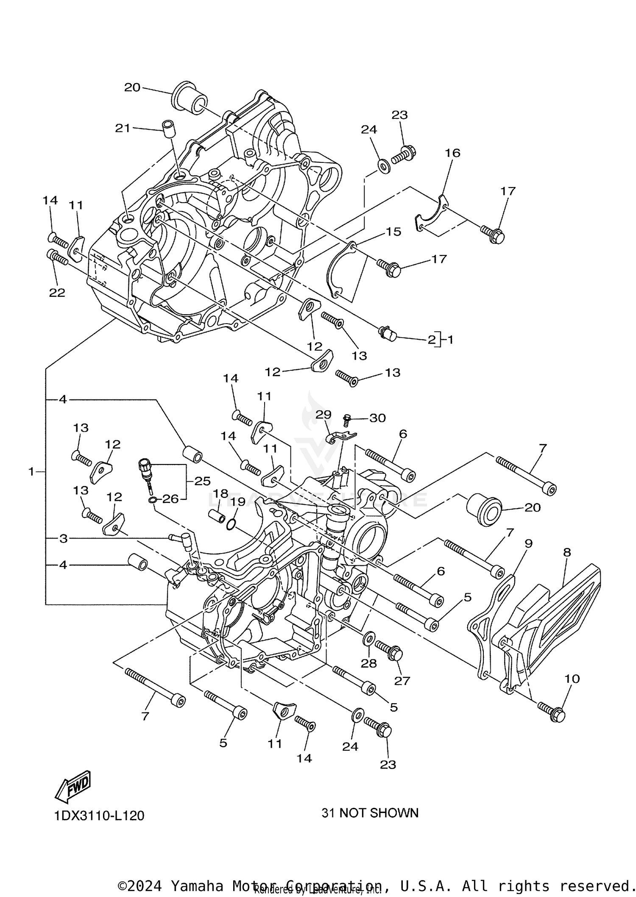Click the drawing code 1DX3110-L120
[99, 816]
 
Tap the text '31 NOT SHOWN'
[370, 813]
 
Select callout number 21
[123, 128]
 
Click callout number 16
[452, 153]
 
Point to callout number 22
[57, 293]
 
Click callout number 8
[567, 552]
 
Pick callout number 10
[572, 679]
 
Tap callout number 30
[377, 418]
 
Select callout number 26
[170, 499]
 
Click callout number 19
[238, 502]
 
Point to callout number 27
[402, 681]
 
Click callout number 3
[63, 539]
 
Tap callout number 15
[393, 232]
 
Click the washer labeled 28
[369, 637]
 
